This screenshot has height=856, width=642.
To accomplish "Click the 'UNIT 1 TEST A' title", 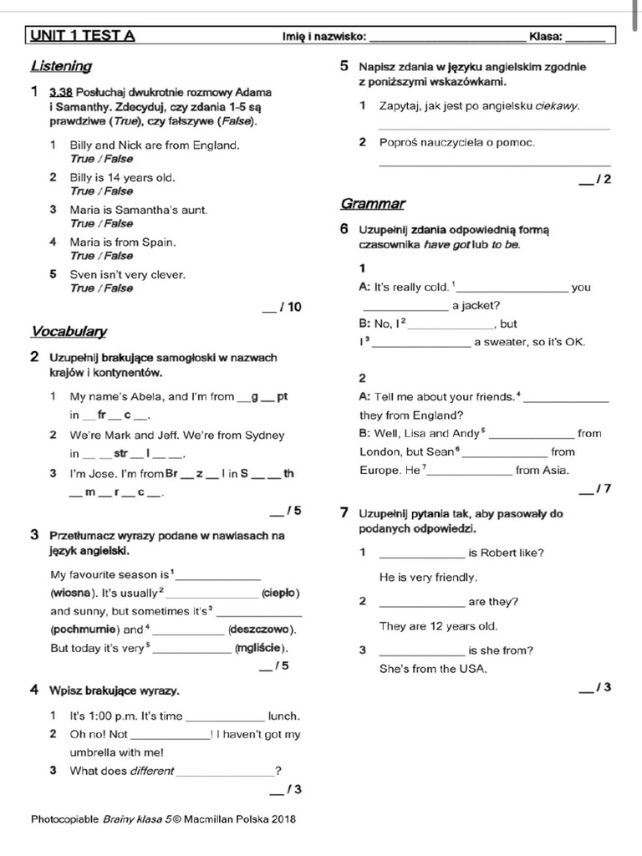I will pos(82,36).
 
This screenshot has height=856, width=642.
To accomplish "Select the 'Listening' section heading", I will pos(61,66).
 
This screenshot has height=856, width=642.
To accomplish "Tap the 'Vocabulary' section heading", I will pos(69,332).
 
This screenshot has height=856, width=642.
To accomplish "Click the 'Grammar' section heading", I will pos(373,204).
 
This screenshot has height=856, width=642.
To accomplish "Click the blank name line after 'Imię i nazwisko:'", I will pos(447,38).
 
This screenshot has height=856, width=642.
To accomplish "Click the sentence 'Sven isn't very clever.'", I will pos(127,274).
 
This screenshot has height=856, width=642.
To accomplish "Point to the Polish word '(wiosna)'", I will pos(71,593).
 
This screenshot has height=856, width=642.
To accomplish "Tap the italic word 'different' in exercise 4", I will pos(151,771).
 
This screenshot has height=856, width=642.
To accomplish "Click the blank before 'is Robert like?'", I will pos(421,553).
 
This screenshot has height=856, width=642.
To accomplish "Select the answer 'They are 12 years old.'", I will pos(438,625).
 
